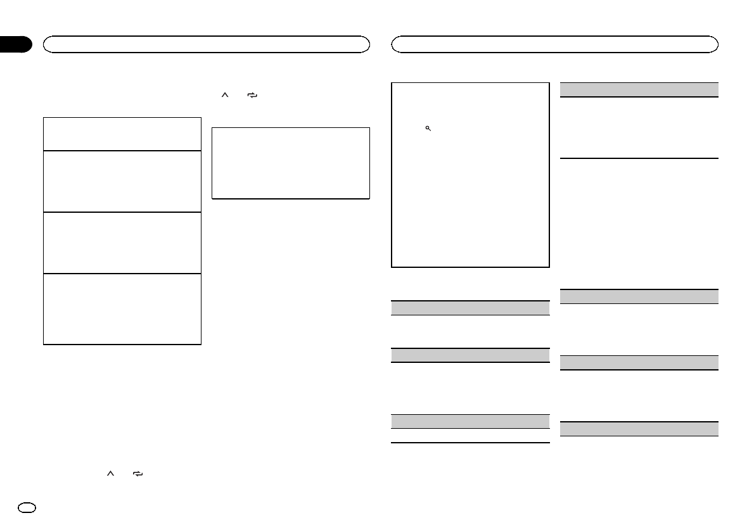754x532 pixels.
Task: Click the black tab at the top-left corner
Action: pos(15,44)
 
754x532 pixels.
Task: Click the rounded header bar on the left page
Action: pos(206,44)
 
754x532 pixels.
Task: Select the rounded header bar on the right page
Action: pos(555,44)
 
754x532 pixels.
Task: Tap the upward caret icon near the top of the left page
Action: pos(223,95)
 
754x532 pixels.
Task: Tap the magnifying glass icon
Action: pos(428,128)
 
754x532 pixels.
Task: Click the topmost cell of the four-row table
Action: pos(122,133)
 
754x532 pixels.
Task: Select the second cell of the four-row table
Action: pos(122,180)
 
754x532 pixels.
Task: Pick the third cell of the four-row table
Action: pos(122,242)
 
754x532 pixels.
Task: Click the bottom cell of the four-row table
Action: pos(122,308)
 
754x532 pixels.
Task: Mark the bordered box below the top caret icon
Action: pos(290,163)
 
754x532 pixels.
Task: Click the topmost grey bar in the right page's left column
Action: pos(470,308)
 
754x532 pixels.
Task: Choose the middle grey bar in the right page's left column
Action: pos(470,355)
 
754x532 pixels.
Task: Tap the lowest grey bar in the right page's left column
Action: pos(470,421)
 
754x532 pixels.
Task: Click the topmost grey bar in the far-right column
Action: pos(639,89)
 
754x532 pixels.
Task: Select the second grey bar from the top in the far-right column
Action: pos(639,296)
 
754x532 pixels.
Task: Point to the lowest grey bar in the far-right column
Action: pos(639,429)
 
